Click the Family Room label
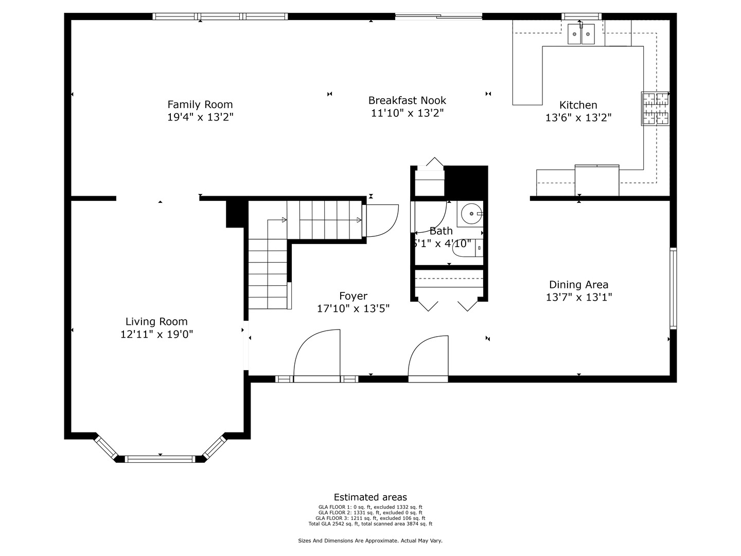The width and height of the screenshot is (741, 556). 200,105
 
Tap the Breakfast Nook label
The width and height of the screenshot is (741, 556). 407,100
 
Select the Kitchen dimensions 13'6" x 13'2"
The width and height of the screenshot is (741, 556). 578,118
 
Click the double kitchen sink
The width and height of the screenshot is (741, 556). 581,34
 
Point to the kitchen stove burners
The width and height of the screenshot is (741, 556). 655,109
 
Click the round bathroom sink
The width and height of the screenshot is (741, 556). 470,214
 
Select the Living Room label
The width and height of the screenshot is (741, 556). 156,322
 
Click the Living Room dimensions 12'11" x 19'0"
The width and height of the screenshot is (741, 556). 156,335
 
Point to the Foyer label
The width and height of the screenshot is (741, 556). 353,296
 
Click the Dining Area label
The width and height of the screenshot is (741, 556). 578,285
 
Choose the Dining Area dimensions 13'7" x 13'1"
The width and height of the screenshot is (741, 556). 578,297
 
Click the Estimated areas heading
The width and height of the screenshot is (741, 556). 370,497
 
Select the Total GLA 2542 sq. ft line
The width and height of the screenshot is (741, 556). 370,524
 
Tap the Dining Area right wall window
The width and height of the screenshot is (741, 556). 673,288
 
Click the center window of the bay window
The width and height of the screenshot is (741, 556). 160,459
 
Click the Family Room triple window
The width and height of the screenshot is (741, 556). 220,16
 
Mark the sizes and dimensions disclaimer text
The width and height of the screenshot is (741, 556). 370,541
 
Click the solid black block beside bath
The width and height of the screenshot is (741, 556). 465,181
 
